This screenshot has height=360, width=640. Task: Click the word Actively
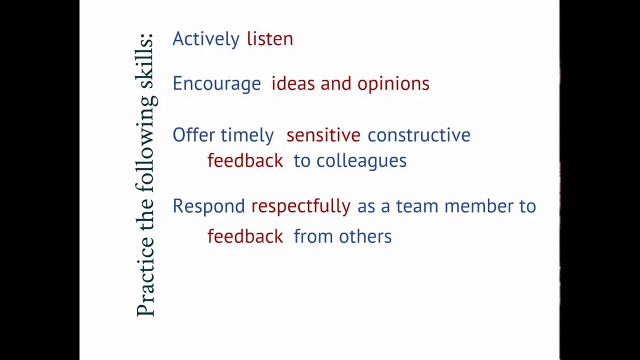[206, 39]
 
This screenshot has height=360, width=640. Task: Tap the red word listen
[270, 39]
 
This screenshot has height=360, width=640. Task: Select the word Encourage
[216, 83]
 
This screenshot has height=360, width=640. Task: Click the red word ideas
[293, 83]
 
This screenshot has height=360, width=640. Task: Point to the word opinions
[393, 83]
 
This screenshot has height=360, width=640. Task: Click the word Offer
[193, 135]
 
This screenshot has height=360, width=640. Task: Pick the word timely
[247, 135]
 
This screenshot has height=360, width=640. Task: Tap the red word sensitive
[323, 135]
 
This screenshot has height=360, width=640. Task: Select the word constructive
[419, 135]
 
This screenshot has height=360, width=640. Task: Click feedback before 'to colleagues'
[245, 160]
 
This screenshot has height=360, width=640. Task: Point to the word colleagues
[361, 161]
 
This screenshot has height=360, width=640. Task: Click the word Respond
[208, 206]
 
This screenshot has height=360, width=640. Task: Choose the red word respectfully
[300, 206]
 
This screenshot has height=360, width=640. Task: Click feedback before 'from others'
[245, 236]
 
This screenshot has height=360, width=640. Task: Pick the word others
[365, 236]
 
